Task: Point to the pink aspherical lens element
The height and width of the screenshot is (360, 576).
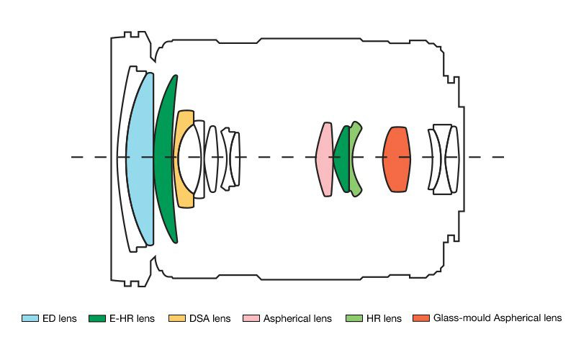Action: (x=324, y=158)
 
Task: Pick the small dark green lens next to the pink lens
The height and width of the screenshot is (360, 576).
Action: (x=342, y=158)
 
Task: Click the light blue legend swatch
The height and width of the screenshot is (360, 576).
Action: (x=30, y=318)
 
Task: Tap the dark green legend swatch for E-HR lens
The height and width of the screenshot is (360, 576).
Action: (x=96, y=318)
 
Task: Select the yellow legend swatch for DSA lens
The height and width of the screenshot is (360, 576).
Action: (x=176, y=318)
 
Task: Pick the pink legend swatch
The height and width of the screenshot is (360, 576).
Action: (x=251, y=318)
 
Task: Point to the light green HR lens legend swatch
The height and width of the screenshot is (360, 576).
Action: (x=354, y=318)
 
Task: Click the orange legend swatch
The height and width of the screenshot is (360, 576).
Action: (x=421, y=318)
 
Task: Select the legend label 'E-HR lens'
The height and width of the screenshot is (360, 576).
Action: (x=131, y=318)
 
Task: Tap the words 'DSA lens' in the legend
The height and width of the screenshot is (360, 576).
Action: (x=210, y=318)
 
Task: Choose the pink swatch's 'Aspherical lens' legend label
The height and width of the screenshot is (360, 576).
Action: (x=297, y=318)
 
